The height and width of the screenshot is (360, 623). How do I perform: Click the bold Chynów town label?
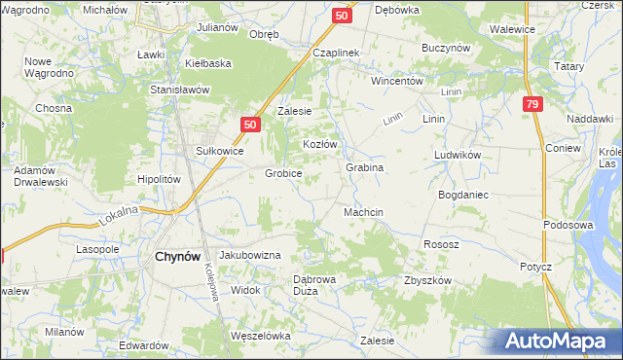tap(178, 257)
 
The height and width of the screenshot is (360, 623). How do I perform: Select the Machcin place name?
tap(363, 212)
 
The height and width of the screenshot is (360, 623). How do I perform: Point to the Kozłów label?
tap(319, 144)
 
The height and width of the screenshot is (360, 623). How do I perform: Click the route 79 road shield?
tap(531, 105)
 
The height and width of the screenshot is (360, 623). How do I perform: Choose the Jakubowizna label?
tap(250, 254)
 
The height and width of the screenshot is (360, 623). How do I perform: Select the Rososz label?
tap(440, 244)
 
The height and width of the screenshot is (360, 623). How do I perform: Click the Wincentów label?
tap(397, 81)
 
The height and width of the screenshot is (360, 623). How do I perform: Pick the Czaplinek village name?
tap(337, 53)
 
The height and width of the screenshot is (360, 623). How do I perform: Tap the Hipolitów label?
tap(160, 179)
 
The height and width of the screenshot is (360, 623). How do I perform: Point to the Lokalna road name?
tap(119, 216)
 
